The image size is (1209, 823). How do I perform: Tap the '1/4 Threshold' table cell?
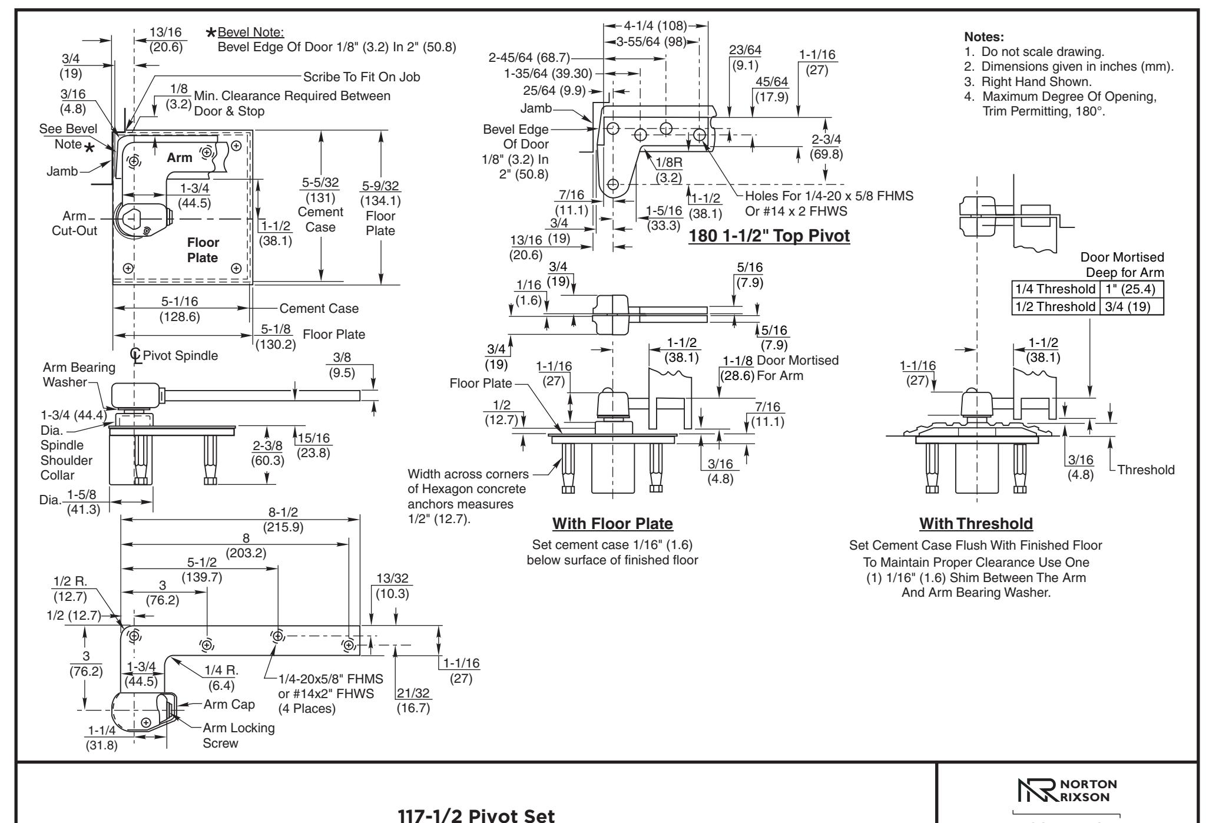1055,289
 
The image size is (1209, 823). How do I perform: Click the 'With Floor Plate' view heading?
612,523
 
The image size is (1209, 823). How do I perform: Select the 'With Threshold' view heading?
976,523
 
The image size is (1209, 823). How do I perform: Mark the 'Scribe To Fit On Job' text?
362,77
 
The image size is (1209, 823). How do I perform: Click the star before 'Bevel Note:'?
210,32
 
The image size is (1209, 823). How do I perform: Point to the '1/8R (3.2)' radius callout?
669,170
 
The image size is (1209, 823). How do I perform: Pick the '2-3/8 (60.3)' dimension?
267,452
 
